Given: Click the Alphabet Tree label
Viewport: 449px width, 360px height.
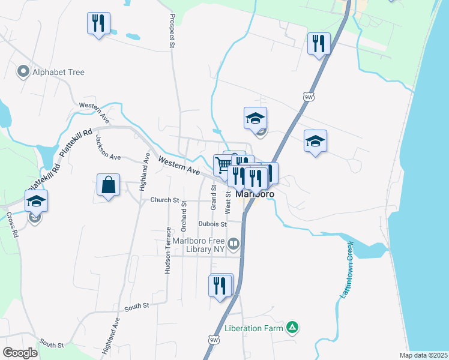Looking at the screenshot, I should (x=59, y=72).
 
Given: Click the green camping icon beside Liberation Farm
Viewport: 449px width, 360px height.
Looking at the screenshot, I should (x=292, y=328).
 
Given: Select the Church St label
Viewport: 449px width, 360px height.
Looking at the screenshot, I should (x=164, y=200).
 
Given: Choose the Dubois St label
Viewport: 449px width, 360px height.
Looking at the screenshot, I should (x=212, y=224).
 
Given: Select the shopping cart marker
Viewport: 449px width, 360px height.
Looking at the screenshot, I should (x=224, y=165).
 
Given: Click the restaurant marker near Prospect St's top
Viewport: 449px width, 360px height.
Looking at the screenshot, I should (x=97, y=24).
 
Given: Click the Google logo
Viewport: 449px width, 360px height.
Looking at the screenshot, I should (x=20, y=352).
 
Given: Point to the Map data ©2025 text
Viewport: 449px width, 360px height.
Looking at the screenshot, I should (x=423, y=355).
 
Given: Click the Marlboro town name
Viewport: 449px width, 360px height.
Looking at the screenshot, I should (x=255, y=194).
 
